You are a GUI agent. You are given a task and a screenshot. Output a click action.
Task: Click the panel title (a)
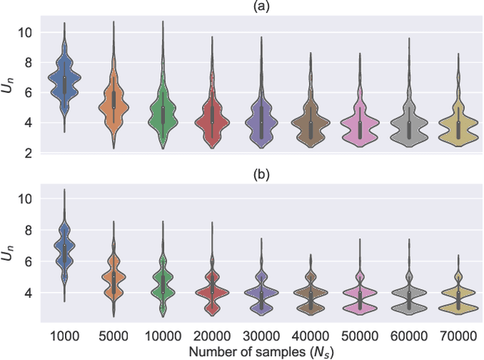[x=259, y=7]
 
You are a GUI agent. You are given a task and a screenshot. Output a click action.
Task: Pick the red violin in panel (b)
[x=210, y=291]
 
